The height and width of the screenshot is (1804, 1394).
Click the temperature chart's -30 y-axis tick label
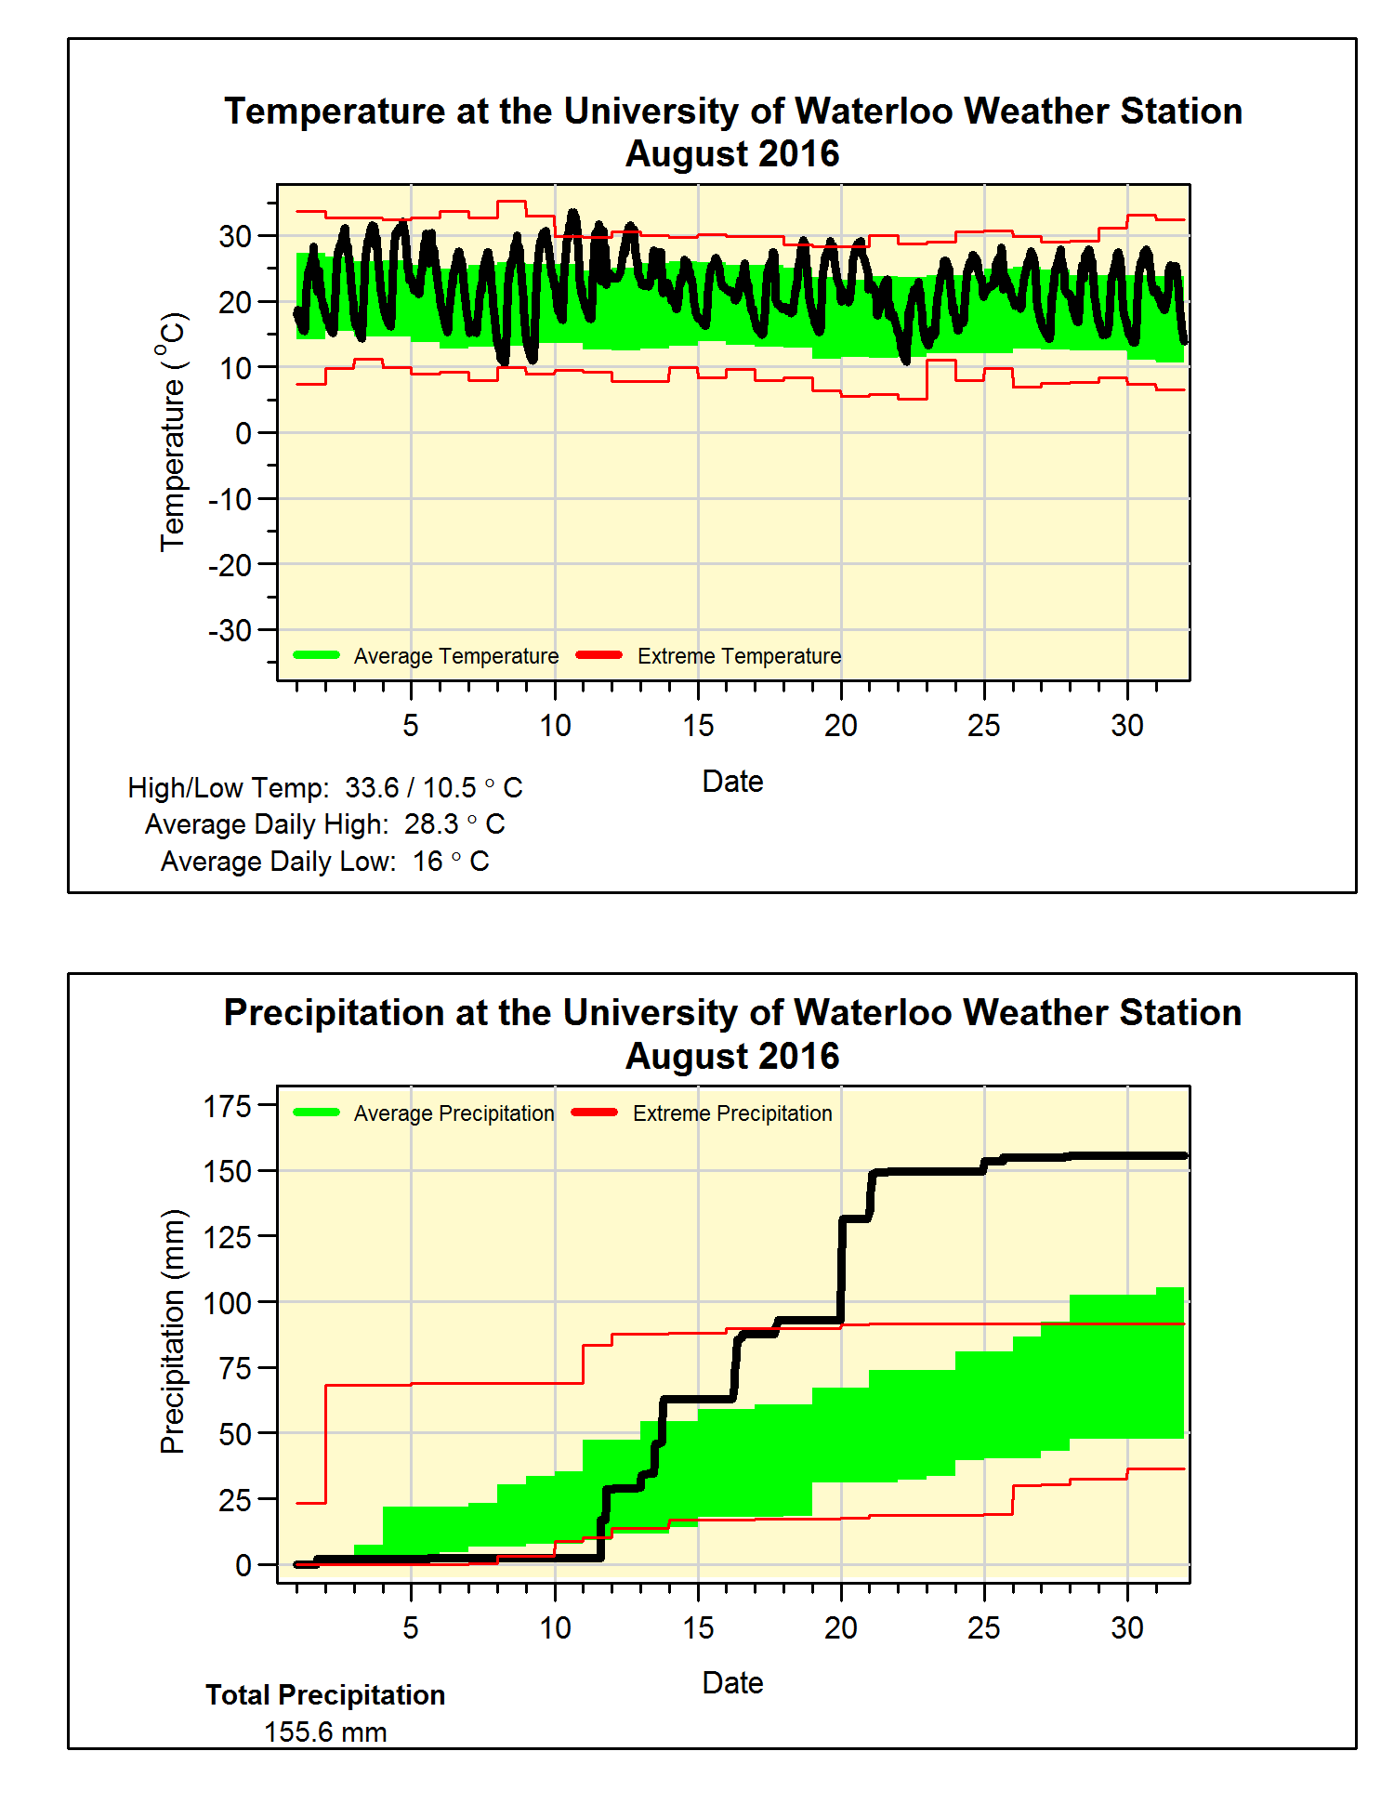(230, 630)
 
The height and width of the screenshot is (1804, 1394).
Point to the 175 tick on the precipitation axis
(228, 1106)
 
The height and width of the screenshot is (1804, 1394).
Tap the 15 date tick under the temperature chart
(698, 725)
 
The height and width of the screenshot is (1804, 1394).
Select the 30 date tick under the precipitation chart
(1127, 1627)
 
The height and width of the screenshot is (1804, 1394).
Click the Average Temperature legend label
(456, 656)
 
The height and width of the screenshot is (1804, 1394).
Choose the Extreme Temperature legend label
(739, 656)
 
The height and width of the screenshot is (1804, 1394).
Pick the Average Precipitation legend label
(454, 1113)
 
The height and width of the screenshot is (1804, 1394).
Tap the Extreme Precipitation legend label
(732, 1113)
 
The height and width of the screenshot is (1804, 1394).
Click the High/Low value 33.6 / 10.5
(410, 788)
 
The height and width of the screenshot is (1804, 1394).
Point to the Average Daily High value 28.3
(431, 824)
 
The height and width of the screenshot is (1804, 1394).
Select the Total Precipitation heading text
(325, 1695)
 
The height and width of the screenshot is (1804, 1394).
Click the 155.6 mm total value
(325, 1732)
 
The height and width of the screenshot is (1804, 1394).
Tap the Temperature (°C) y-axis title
(172, 432)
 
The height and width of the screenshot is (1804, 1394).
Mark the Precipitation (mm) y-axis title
(172, 1331)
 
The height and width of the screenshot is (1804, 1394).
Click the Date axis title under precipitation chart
(732, 1683)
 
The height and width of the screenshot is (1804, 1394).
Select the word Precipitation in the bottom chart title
(334, 1013)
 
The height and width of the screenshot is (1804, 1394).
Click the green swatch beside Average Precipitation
(316, 1113)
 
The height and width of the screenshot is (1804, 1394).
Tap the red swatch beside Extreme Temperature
(599, 655)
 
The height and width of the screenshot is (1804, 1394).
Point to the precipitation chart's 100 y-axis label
(228, 1303)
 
